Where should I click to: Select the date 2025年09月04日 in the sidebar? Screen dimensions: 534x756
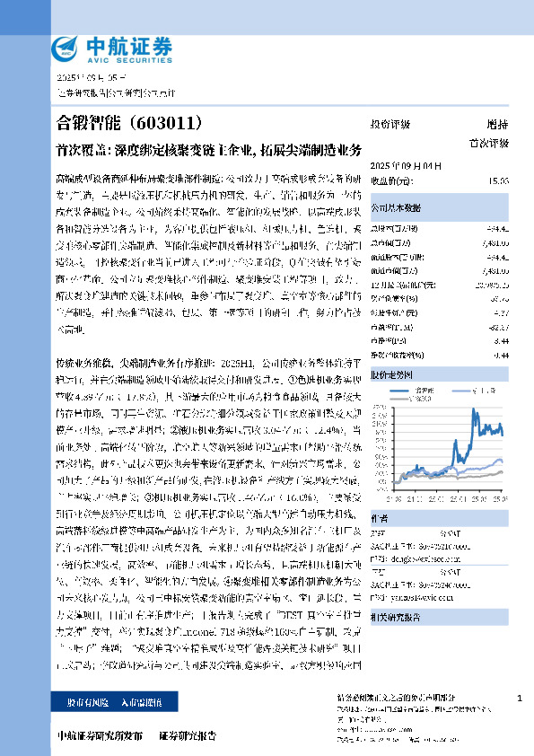pyautogui.click(x=395, y=166)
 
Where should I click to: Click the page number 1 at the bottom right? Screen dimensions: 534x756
pyautogui.click(x=521, y=698)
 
